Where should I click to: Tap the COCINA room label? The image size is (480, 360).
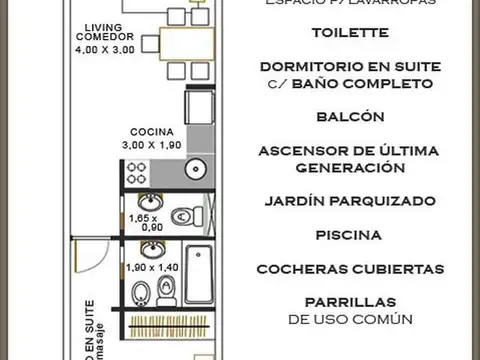tap(151, 131)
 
